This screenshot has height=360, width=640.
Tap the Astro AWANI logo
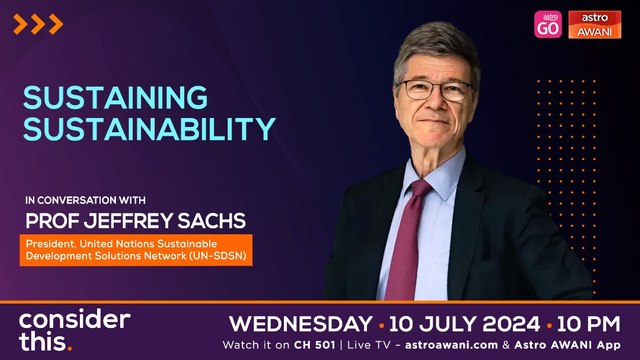[x=595, y=24]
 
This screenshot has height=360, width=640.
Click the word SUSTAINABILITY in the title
[x=148, y=129]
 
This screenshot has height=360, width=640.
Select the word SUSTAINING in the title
[x=116, y=98]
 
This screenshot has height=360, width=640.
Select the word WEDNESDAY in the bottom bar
[x=299, y=324]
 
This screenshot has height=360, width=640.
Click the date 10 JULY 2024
[x=462, y=324]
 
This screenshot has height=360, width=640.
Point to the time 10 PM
[x=589, y=324]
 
